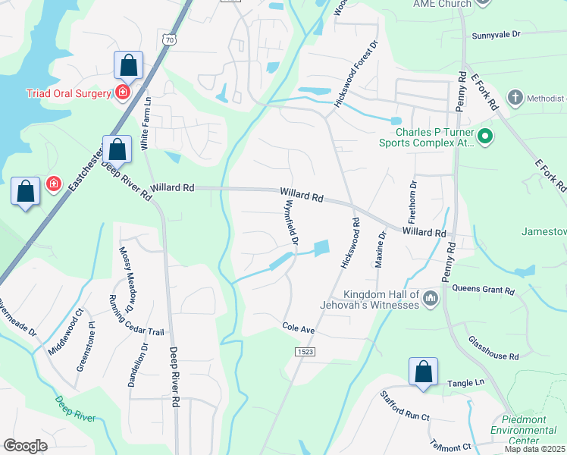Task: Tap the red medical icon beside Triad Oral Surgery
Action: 122,93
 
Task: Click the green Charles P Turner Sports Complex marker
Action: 485,137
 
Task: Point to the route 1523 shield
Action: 305,352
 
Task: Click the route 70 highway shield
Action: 169,39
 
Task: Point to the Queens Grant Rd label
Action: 483,290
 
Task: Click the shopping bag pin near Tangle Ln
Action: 423,372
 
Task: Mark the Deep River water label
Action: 75,408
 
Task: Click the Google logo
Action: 25,446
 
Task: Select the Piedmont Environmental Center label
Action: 531,430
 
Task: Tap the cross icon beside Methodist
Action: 514,98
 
